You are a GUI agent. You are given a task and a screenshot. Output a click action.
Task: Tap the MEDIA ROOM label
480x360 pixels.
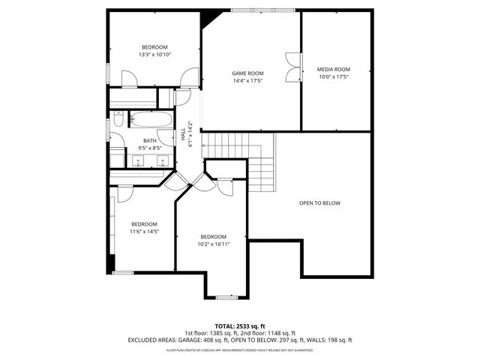pos(333,69)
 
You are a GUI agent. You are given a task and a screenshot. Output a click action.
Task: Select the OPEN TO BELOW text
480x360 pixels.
pos(319,203)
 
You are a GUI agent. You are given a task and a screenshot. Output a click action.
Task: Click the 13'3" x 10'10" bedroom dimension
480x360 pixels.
pos(154,55)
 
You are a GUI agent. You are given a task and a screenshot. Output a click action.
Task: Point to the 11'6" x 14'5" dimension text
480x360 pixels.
pos(144,232)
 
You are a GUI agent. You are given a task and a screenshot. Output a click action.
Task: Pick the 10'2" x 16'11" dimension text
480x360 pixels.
pos(213,244)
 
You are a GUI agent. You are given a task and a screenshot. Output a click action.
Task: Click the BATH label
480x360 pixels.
pos(150,141)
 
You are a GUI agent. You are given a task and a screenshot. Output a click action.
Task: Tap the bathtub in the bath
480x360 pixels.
pos(151,119)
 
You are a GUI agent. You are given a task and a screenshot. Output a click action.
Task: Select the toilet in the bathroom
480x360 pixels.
pos(118,120)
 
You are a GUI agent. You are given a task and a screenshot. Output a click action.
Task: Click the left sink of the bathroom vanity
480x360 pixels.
pos(137,160)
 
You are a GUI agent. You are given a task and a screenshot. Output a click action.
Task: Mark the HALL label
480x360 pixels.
pos(184,135)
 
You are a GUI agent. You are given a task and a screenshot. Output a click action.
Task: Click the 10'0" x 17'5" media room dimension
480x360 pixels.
pos(333,76)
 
